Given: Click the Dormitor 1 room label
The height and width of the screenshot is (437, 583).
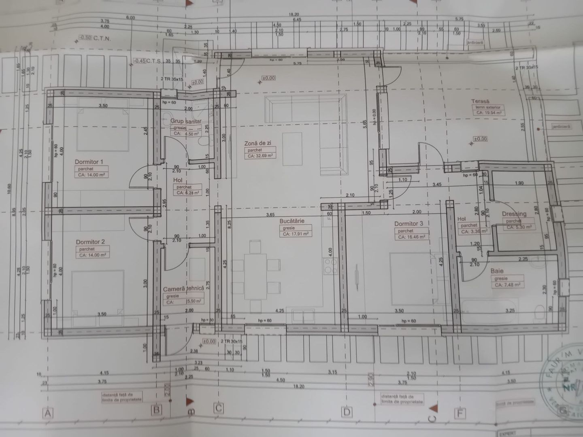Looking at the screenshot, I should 89,162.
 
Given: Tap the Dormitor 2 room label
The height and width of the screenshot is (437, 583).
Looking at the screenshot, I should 90,242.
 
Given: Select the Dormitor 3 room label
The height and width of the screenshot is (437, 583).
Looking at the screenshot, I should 409,223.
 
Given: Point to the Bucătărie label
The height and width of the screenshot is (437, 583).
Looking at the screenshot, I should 291,221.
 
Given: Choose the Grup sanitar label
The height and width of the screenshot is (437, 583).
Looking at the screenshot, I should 186,121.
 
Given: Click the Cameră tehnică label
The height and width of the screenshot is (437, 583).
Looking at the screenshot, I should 183,289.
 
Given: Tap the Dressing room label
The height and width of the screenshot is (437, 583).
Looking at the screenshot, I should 514,214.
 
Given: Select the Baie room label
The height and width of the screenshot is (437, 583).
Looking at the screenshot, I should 497,271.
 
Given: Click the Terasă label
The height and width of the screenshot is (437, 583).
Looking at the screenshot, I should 480,101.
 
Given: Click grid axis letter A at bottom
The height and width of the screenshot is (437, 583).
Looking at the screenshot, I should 48,414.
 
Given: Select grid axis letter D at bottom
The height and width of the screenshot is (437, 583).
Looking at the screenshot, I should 347,413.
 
